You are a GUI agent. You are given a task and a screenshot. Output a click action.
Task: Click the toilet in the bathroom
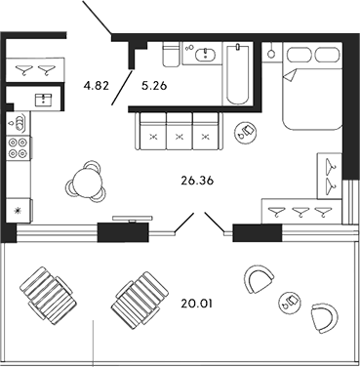pyautogui.click(x=169, y=54)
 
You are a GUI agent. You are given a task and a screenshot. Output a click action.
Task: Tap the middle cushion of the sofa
pyautogui.click(x=179, y=131)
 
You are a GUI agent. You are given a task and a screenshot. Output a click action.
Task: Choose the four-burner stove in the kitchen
pyautogui.click(x=18, y=149)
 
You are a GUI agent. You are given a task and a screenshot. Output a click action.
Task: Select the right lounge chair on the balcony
pyautogui.click(x=139, y=297)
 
